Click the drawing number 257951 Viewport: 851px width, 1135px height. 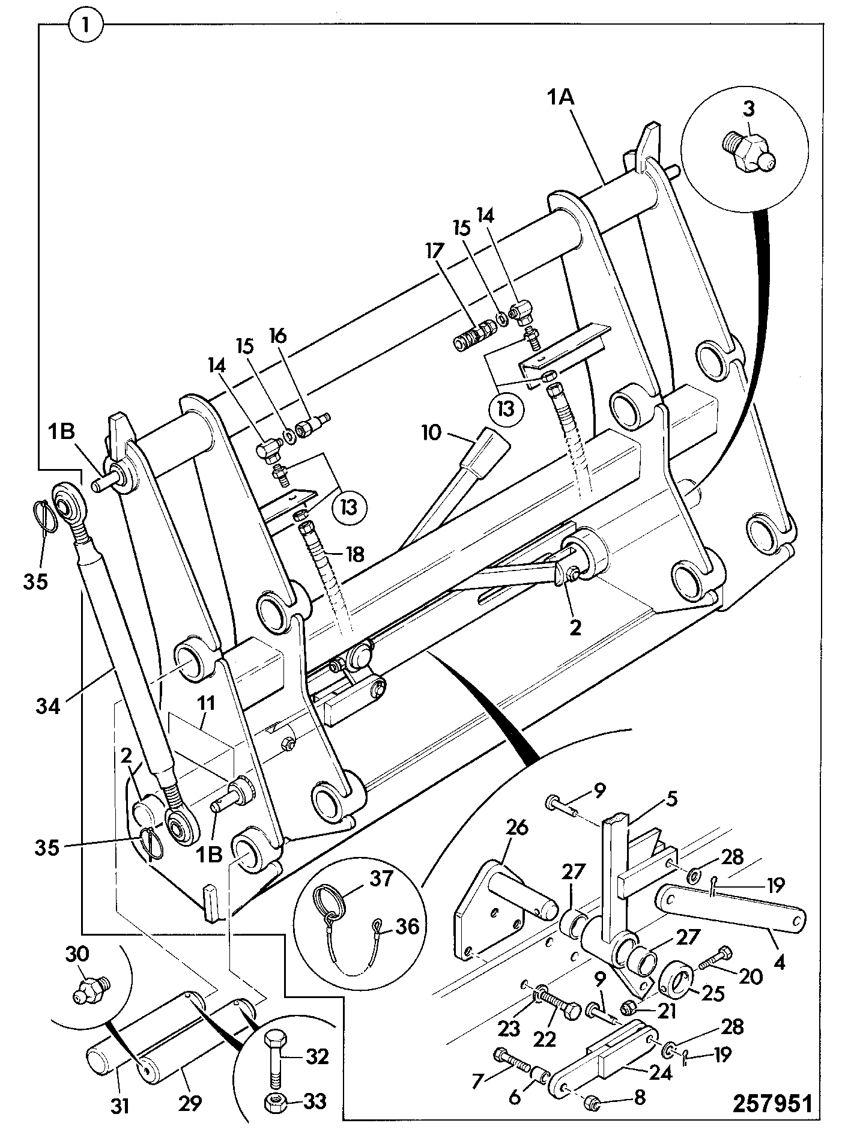pos(773,1104)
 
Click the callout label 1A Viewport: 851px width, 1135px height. pos(560,96)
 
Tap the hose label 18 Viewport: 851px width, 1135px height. pos(354,553)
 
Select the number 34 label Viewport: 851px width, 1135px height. pos(49,705)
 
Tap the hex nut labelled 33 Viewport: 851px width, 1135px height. pos(276,1101)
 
